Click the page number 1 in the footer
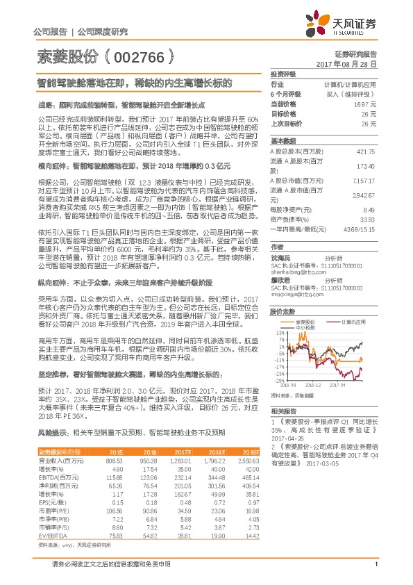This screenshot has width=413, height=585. tap(375, 572)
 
